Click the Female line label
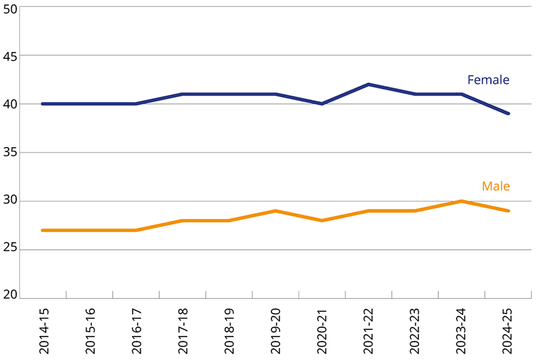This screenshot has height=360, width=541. click(x=488, y=80)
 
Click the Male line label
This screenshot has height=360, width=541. click(x=495, y=186)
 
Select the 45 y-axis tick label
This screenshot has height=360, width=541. click(x=9, y=56)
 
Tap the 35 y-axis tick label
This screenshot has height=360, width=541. click(x=9, y=153)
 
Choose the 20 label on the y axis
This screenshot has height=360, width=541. click(x=9, y=295)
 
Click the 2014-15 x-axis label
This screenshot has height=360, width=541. click(x=44, y=331)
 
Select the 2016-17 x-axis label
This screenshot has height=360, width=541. click(x=137, y=331)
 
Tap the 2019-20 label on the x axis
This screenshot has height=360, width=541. click(x=276, y=331)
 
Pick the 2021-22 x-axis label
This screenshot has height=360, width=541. click(x=369, y=331)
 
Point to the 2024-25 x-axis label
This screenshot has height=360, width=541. click(x=508, y=331)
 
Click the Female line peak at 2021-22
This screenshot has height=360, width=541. click(x=369, y=84)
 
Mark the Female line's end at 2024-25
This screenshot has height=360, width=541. click(x=508, y=114)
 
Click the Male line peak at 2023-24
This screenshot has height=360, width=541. click(x=461, y=201)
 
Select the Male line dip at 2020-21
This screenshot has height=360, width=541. click(x=322, y=220)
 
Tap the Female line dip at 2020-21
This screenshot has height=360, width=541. click(x=322, y=104)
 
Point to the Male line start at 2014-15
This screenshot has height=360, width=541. click(x=43, y=230)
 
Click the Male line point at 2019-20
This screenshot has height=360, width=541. click(x=275, y=211)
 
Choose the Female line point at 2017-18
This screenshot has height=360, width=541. click(x=183, y=94)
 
